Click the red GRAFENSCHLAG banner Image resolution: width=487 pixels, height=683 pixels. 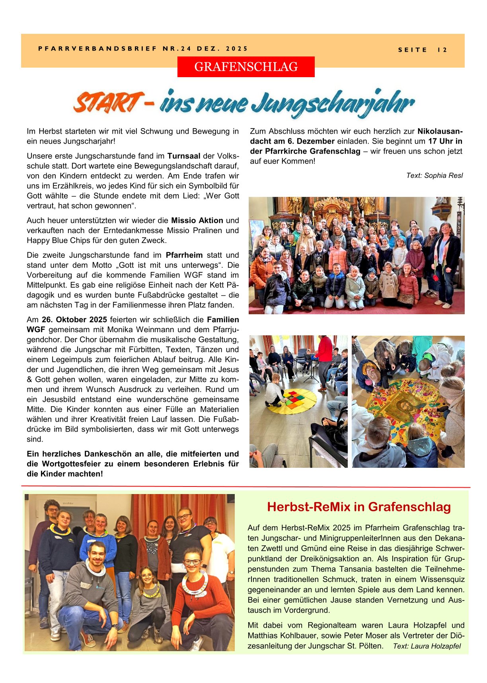tap(246, 67)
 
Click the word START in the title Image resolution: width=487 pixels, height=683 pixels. tap(109, 103)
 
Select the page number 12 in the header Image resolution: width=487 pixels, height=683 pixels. tap(442, 50)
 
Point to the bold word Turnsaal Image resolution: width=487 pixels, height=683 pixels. tap(183, 156)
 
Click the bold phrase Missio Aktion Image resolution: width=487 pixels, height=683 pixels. tap(197, 220)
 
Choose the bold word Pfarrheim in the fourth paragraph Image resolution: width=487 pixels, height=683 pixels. tap(184, 255)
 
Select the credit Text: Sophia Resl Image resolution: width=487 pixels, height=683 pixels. tap(434, 175)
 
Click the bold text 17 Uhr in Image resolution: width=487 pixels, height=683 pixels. tap(445, 141)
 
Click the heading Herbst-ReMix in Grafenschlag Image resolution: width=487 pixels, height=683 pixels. tap(358, 507)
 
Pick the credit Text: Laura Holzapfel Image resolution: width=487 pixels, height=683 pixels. tap(427, 646)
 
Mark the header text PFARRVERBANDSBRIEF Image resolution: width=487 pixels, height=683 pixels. tap(98, 49)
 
